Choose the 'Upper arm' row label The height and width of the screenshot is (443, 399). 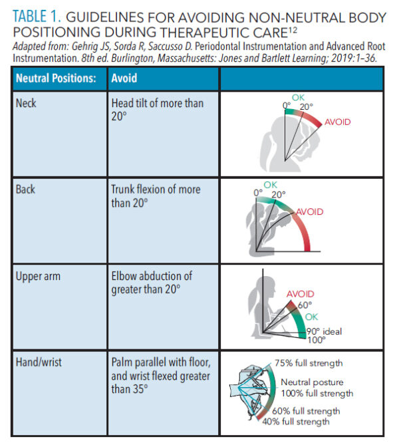tap(37, 275)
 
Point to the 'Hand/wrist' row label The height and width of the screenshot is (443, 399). tap(39, 361)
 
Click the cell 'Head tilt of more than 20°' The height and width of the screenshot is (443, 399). tap(157, 109)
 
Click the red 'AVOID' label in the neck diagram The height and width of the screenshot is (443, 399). tap(337, 122)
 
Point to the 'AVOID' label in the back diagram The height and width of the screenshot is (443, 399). tap(309, 212)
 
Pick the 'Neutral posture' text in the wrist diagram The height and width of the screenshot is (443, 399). tap(311, 382)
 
